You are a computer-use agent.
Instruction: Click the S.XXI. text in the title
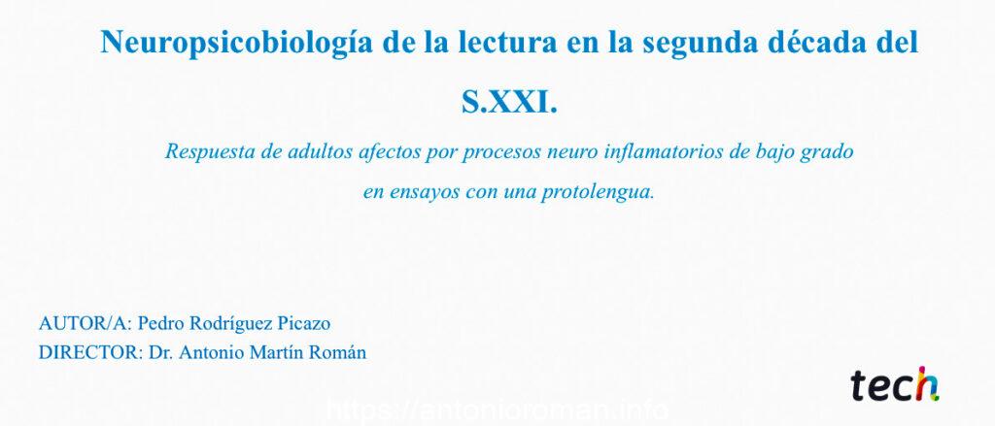click(x=509, y=103)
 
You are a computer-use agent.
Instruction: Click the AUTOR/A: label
click(x=86, y=323)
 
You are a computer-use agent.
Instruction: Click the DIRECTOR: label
click(x=90, y=352)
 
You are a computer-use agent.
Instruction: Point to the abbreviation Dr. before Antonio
click(x=160, y=352)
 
